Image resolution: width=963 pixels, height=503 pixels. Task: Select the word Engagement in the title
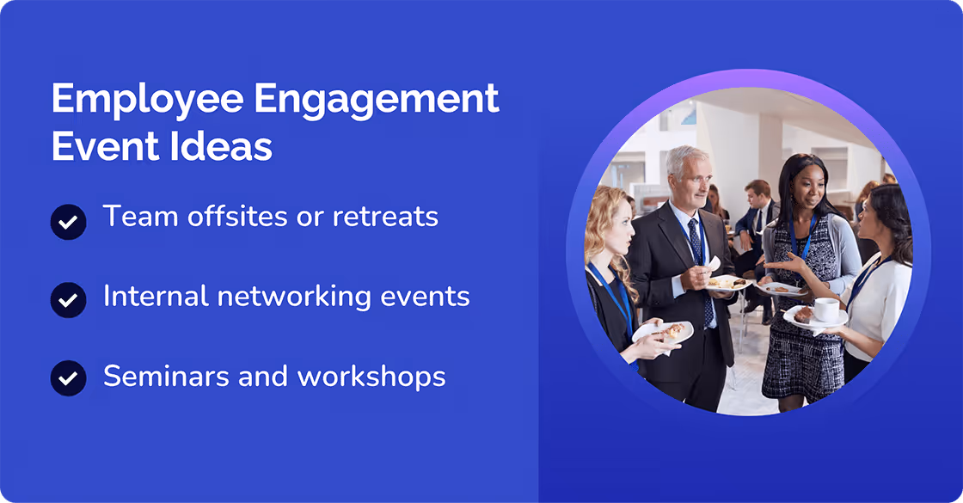(377, 100)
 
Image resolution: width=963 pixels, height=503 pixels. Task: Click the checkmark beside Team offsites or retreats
(68, 222)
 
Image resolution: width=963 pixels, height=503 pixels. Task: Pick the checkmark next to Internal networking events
(68, 300)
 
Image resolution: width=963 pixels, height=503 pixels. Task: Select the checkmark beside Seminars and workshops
(68, 378)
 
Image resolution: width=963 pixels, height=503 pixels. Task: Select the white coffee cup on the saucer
(826, 309)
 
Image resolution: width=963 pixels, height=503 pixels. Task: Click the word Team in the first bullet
(137, 217)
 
